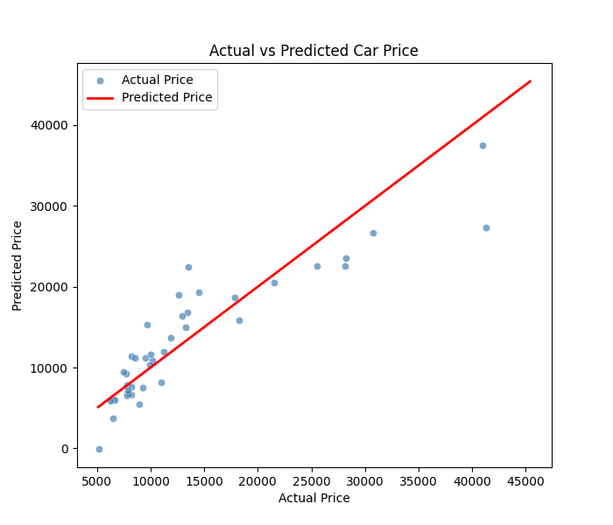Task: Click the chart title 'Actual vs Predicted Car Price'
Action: coord(314,51)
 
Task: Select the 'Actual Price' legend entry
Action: coord(157,80)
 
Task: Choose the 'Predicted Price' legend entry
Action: coord(166,98)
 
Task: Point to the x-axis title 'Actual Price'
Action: coord(314,498)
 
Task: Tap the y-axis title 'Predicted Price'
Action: coord(18,265)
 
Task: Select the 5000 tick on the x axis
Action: coord(97,480)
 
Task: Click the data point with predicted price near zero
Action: coord(99,449)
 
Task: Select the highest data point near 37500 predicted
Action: coord(483,145)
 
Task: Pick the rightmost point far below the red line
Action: coord(486,227)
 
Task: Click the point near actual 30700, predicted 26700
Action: coord(373,233)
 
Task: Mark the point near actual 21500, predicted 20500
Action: coord(274,283)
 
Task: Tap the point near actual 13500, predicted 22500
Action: coord(188,267)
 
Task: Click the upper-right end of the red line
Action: coord(530,81)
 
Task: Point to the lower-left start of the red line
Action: coord(98,407)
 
